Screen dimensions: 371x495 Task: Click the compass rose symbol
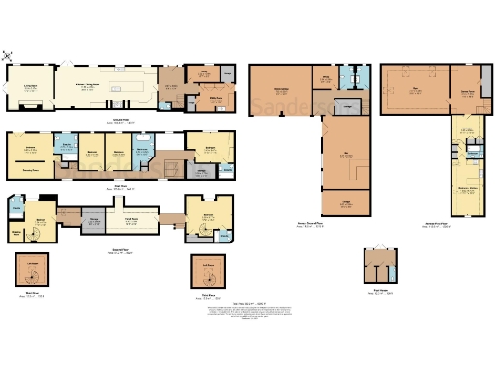tap(10, 55)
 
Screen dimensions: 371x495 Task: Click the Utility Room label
tap(204, 99)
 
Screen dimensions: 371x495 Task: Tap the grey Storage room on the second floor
tap(95, 223)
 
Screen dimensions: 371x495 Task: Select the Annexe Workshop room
tap(280, 92)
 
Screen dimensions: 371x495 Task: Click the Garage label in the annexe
tap(345, 204)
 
